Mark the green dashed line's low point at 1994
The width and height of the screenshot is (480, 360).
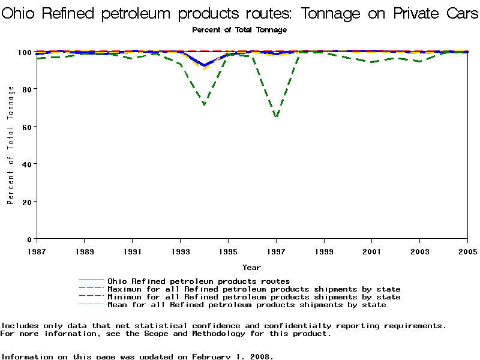205,104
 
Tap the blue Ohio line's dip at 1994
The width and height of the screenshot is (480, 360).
204,65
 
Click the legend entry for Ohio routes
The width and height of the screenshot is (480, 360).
198,281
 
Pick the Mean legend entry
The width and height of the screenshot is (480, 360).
246,304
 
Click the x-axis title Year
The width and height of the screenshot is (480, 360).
251,267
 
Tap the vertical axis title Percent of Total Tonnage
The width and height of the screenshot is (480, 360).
10,145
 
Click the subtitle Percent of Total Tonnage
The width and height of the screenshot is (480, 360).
239,29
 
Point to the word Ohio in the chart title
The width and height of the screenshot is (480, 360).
22,13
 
